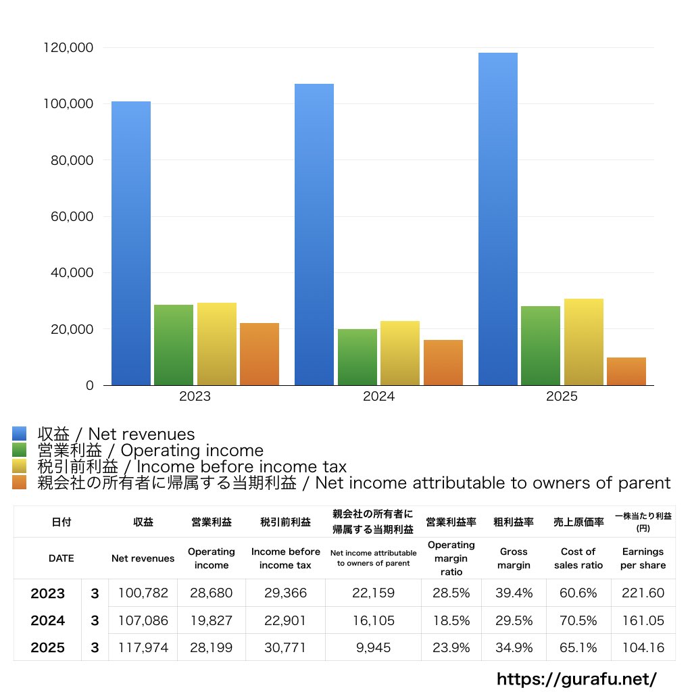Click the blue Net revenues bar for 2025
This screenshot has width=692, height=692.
tap(498, 219)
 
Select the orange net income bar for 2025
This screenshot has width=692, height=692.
tap(626, 371)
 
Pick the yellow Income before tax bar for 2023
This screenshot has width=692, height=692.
tap(217, 344)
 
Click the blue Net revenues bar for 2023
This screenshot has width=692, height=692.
tap(131, 243)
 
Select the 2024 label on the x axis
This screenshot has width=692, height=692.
tap(378, 397)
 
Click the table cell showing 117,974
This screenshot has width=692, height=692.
tap(143, 647)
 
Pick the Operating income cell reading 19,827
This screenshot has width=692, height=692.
tap(211, 620)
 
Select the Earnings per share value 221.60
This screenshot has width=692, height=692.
tap(643, 593)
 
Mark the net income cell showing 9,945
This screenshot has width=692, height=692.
tap(373, 647)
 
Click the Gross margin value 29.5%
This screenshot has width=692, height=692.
tap(514, 620)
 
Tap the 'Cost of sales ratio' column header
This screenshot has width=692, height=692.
tap(578, 558)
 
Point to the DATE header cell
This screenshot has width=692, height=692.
tap(61, 558)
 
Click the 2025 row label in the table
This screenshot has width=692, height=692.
tap(48, 647)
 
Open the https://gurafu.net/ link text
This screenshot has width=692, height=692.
tap(576, 678)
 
